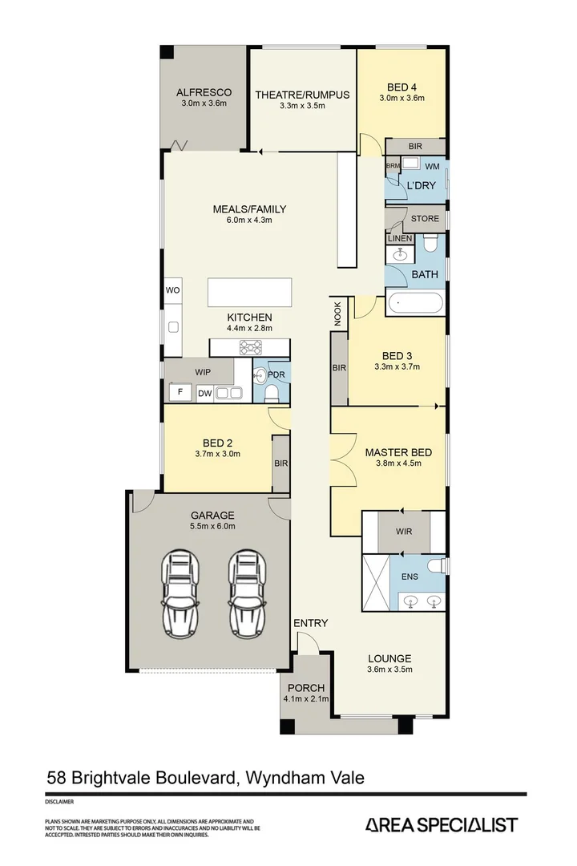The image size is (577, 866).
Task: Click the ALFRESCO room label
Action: [x=204, y=92]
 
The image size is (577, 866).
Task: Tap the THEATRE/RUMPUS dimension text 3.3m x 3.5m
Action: [x=302, y=106]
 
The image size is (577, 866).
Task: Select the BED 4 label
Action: [x=401, y=87]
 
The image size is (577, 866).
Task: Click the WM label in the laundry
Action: [x=431, y=166]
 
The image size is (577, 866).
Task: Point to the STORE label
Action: [x=425, y=218]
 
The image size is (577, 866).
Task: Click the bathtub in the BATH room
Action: [x=414, y=304]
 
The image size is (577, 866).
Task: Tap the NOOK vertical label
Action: [x=337, y=313]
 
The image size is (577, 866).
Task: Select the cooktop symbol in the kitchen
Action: [x=250, y=347]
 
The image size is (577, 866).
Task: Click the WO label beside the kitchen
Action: [x=172, y=289]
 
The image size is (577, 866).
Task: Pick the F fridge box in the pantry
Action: [x=180, y=393]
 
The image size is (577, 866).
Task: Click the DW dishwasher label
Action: [x=204, y=393]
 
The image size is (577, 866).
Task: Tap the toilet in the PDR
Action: [x=272, y=393]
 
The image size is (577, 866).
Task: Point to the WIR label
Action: [x=404, y=531]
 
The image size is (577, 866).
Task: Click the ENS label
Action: [x=409, y=577]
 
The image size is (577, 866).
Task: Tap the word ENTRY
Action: [x=310, y=623]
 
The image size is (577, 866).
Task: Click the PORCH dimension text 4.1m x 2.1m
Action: [x=304, y=699]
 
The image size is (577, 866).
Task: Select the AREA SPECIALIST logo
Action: [x=441, y=825]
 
